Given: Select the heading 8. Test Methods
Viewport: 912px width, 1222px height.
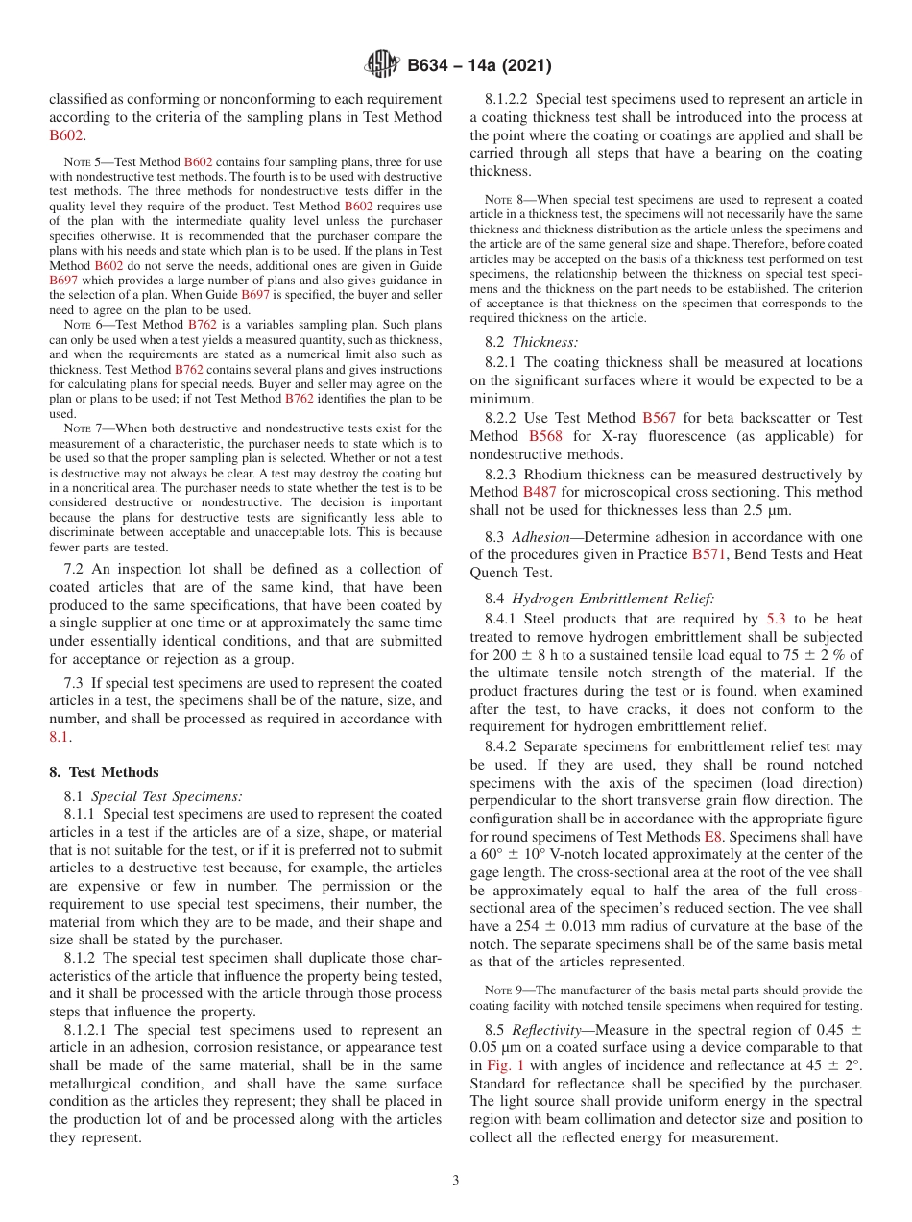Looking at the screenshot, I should (104, 772).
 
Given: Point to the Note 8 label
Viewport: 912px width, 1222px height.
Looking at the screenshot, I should (499, 200).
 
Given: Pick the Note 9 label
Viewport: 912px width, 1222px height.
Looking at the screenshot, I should (499, 990).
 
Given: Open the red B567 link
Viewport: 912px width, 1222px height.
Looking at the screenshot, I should (659, 418).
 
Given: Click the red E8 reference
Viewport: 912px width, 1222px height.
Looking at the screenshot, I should (713, 837).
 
